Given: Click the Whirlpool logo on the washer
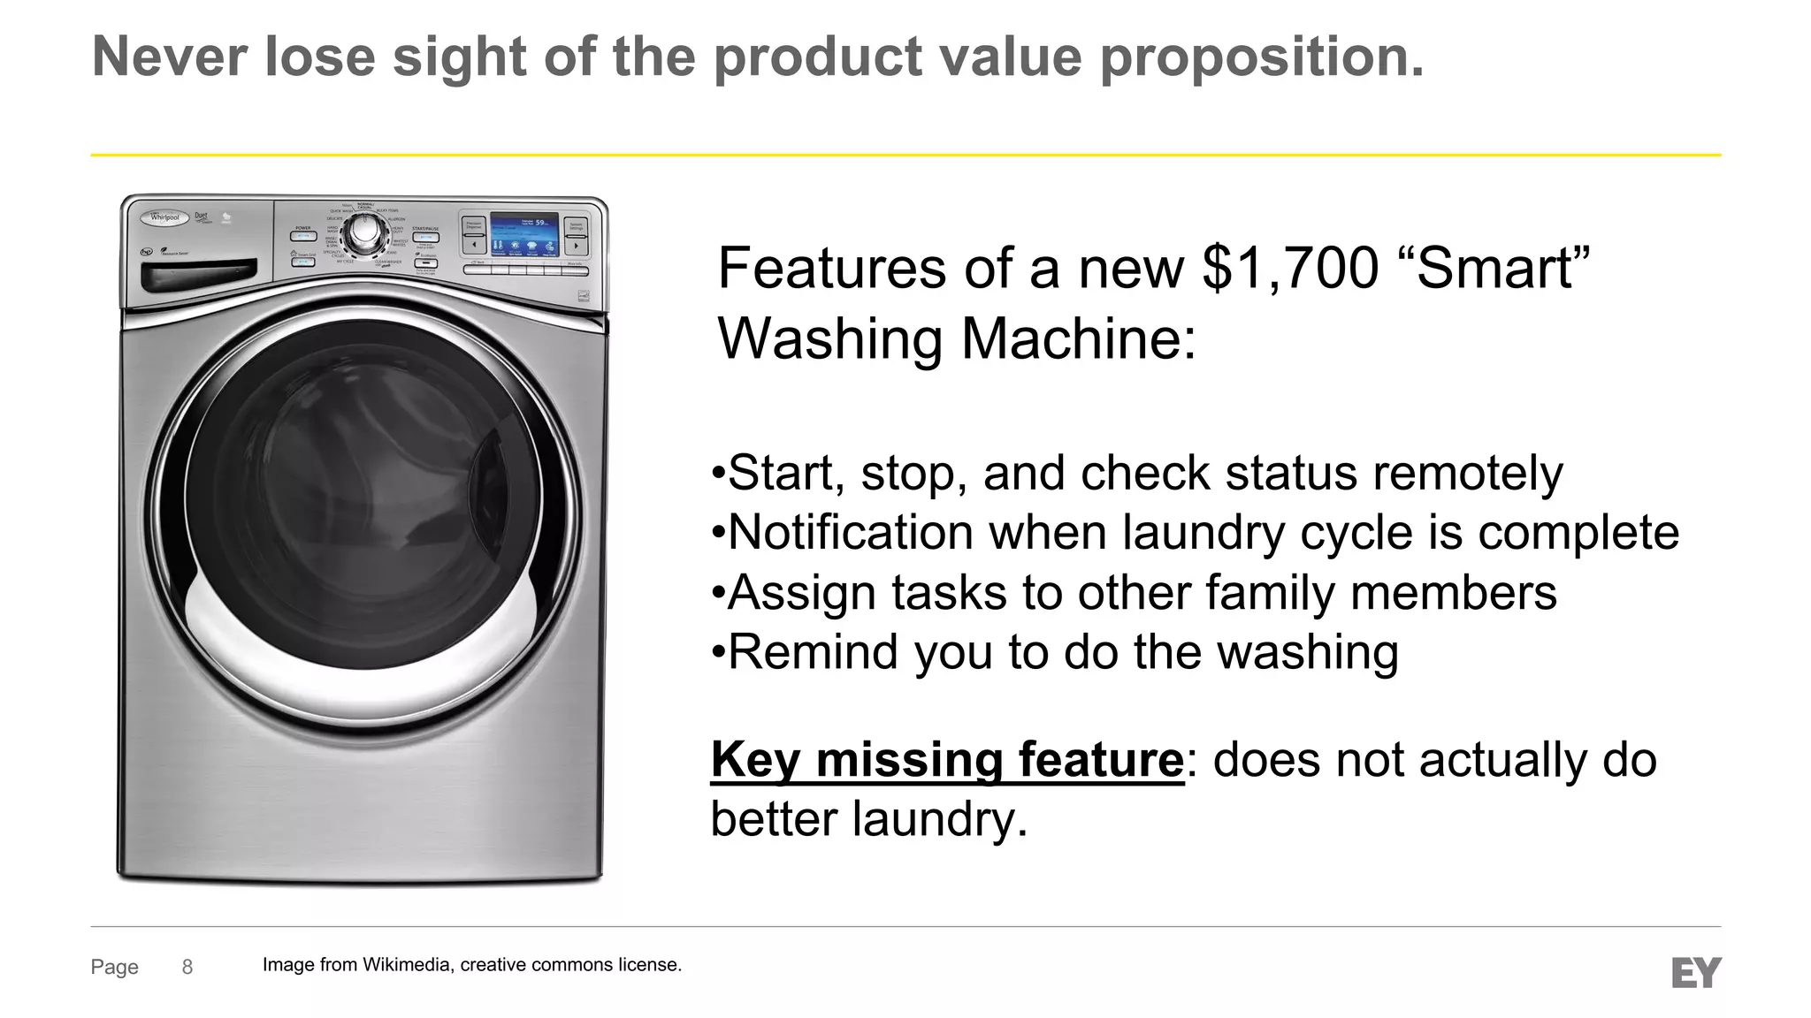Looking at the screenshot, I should pos(165,217).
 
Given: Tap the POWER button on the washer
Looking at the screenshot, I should pos(303,236).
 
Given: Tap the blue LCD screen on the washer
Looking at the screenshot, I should pos(524,232).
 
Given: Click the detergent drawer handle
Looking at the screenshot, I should pos(199,275).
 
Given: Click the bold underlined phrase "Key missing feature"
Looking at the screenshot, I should pos(947,759).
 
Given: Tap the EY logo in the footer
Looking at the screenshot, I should pos(1696,972).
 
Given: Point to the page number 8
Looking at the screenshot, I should pos(187,967).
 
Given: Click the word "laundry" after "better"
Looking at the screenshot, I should pos(940,818).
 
